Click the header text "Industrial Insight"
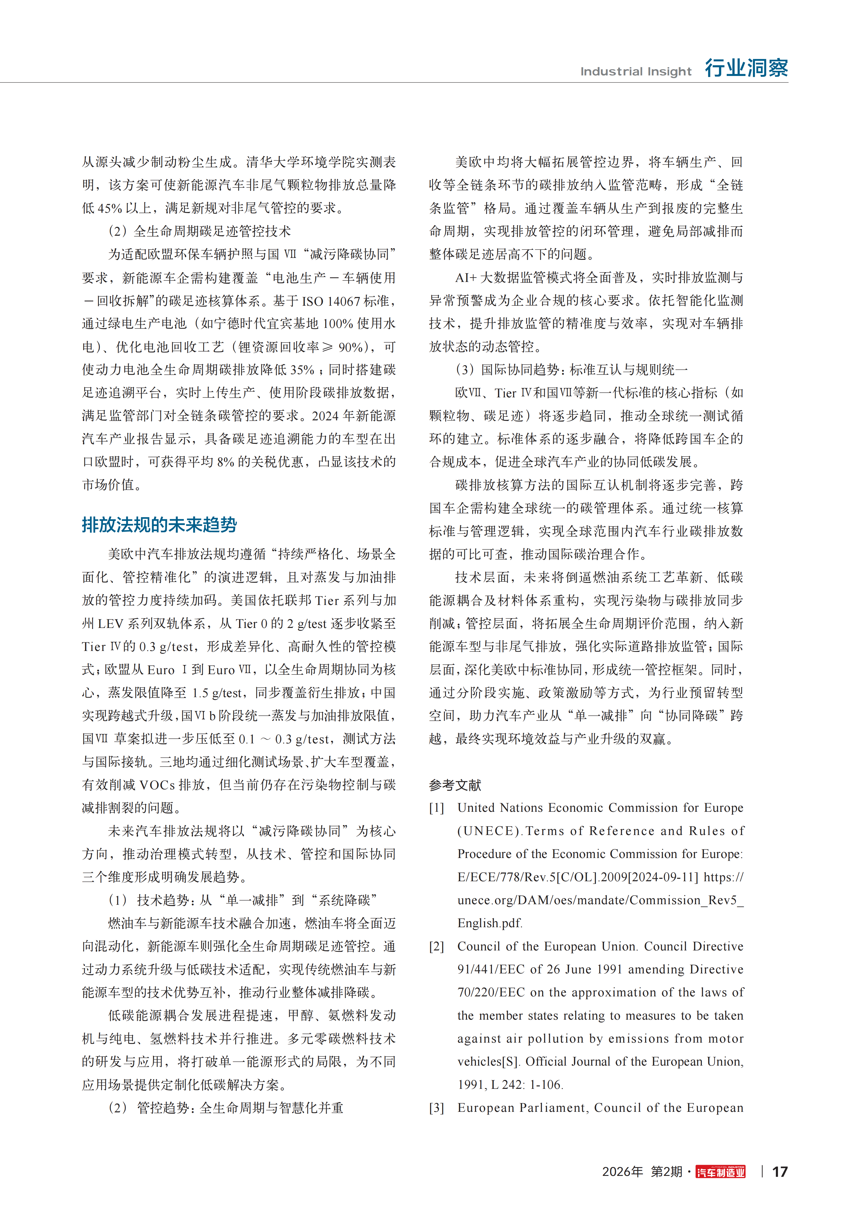click(635, 71)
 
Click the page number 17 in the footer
click(779, 1172)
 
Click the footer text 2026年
click(622, 1172)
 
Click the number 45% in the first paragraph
click(109, 208)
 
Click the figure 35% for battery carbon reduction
click(302, 370)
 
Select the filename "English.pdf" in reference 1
click(489, 923)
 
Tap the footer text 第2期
click(666, 1172)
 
